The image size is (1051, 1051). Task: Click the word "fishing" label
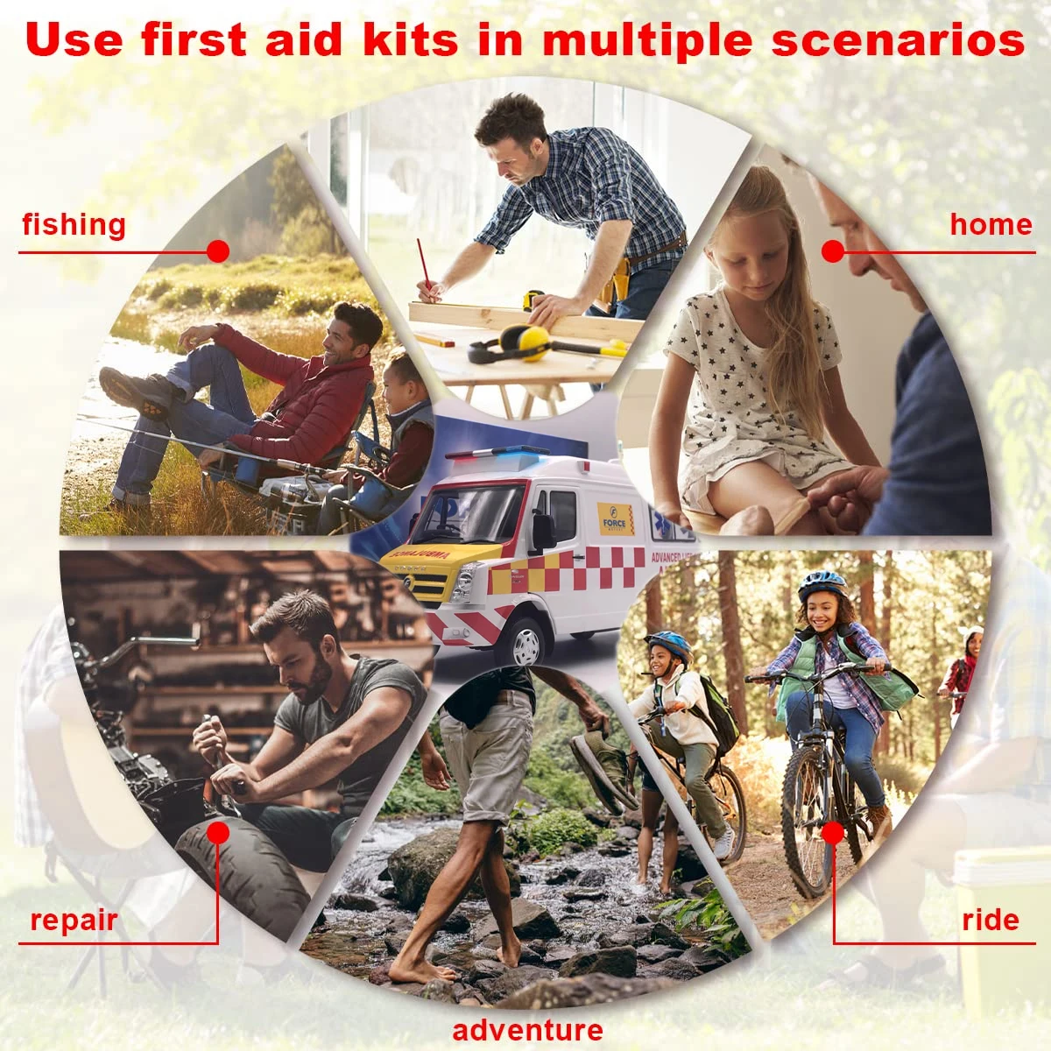74,224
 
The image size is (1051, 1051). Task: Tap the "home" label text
991,224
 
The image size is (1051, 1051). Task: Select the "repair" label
74,920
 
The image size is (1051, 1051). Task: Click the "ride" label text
991,920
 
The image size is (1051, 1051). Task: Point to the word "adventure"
527,1030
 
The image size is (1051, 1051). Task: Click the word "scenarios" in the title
898,40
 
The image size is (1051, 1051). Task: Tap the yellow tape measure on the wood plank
533,300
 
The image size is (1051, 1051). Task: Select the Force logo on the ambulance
615,518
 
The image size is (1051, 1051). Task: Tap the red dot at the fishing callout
218,251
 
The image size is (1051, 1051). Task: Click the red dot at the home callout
833,251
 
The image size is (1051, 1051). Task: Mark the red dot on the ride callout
833,832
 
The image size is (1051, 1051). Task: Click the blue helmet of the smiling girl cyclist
822,585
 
